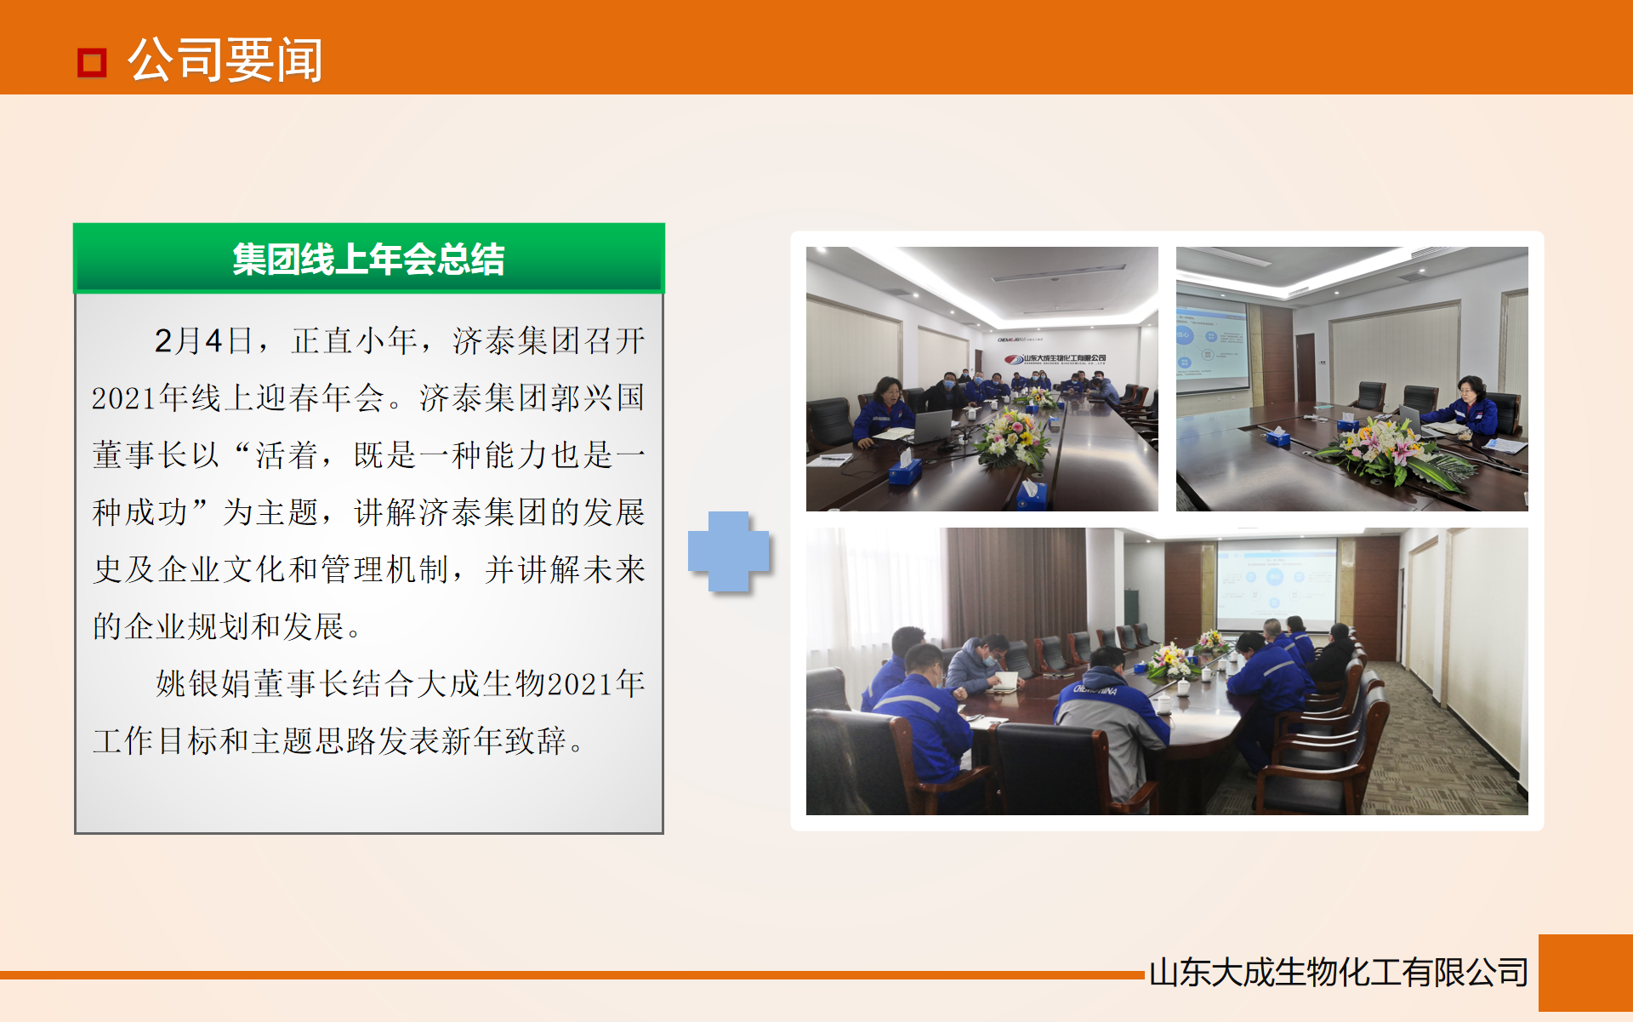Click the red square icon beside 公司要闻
pyautogui.click(x=92, y=62)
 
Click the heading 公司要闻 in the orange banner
pyautogui.click(x=225, y=60)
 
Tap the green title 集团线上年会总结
pyautogui.click(x=368, y=260)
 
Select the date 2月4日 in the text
pyautogui.click(x=202, y=341)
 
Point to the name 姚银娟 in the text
pyautogui.click(x=203, y=684)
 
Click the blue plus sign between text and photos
pyautogui.click(x=728, y=551)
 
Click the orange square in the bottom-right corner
pyautogui.click(x=1585, y=973)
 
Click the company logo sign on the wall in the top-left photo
pyautogui.click(x=1055, y=358)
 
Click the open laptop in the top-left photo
pyautogui.click(x=932, y=425)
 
